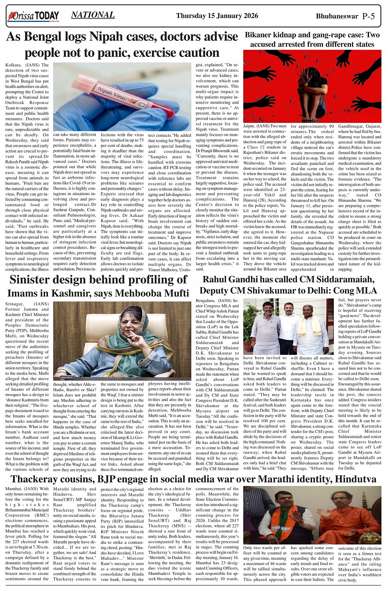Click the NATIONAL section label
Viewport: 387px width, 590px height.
(x=93, y=15)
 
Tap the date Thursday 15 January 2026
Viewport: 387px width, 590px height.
(x=217, y=16)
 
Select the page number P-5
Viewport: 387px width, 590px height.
(x=369, y=16)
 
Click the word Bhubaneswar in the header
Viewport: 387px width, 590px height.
(x=337, y=16)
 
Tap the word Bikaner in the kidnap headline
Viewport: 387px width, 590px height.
(x=261, y=35)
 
